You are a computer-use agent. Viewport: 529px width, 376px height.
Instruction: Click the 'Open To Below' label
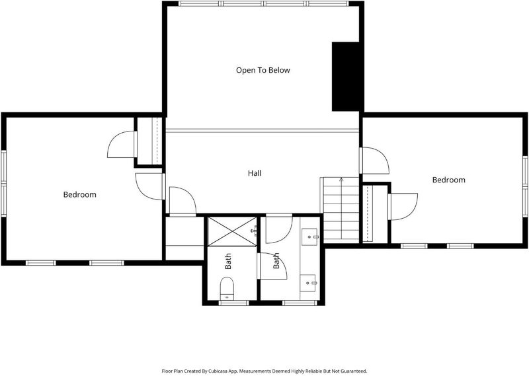(263, 71)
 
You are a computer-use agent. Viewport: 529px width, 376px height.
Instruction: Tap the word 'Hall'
(255, 173)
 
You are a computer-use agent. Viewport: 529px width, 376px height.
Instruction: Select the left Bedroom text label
(79, 194)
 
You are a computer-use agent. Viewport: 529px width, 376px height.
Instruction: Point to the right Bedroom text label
(449, 180)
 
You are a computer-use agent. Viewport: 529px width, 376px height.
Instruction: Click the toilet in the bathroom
(227, 288)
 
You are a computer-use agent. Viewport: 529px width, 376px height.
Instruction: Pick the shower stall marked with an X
(232, 232)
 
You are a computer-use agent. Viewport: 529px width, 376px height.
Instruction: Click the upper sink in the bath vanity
(309, 237)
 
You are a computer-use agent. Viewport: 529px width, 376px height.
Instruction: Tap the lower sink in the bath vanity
(308, 283)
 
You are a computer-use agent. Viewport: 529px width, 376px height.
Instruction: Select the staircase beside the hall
(340, 209)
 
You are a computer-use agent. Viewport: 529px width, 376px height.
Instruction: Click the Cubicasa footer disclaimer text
(264, 371)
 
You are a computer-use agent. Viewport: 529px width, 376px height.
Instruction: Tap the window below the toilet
(234, 303)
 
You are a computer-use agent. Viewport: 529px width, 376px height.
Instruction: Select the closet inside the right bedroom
(376, 213)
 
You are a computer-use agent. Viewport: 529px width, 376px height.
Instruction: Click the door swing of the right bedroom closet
(403, 206)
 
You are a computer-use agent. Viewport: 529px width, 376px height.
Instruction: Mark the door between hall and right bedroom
(374, 161)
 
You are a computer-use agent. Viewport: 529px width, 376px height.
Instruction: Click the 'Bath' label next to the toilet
(228, 261)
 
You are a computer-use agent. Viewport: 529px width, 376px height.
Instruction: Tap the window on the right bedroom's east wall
(525, 186)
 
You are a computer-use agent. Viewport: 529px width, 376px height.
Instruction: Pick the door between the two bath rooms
(272, 266)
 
